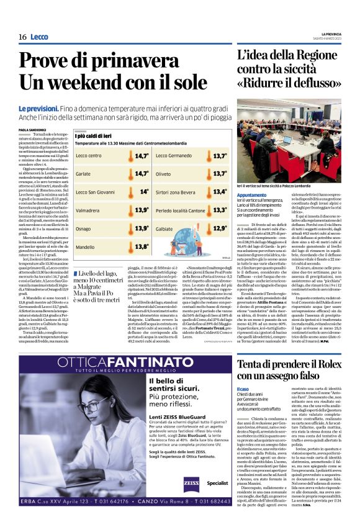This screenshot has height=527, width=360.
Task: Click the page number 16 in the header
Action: (22, 37)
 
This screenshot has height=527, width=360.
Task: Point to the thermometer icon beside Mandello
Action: (142, 246)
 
